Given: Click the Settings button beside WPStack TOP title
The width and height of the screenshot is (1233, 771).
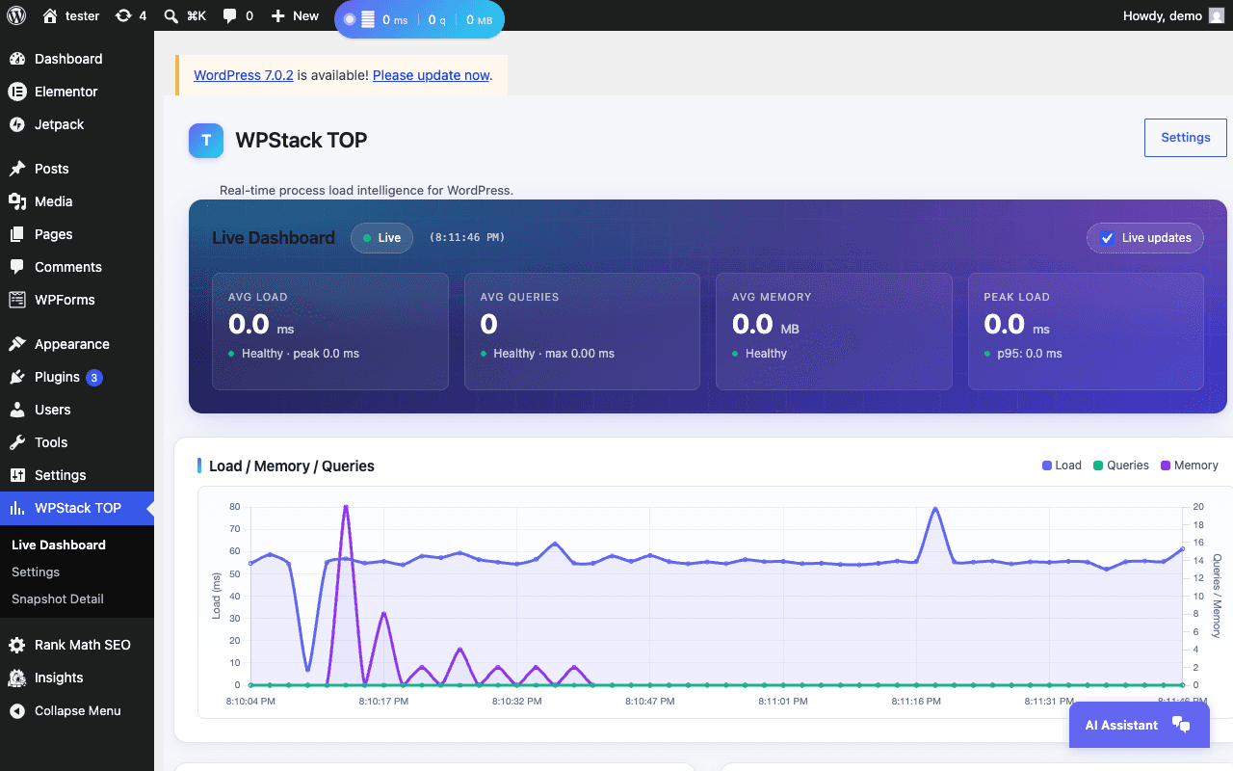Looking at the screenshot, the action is [x=1185, y=138].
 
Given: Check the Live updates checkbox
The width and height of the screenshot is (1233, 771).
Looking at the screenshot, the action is [x=1107, y=238].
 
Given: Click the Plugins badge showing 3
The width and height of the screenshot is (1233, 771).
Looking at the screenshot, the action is [x=94, y=378].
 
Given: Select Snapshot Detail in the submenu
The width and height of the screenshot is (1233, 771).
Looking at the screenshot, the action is [x=57, y=598].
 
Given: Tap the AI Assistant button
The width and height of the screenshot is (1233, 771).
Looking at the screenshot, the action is [x=1139, y=725].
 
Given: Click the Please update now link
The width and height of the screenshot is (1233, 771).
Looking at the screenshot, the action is [x=431, y=75].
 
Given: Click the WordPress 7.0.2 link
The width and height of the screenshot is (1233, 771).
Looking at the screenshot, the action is [x=244, y=75].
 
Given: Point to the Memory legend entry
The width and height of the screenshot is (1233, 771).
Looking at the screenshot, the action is [x=1189, y=465].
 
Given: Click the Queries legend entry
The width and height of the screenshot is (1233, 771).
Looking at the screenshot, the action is [x=1120, y=465].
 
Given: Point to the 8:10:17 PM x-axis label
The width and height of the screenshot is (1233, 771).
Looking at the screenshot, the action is [x=383, y=701].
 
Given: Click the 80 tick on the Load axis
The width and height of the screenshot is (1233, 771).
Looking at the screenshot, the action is [x=235, y=507].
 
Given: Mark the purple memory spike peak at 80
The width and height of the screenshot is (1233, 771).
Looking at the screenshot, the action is [x=346, y=507].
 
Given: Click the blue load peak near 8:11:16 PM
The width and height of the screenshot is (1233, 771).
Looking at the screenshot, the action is [x=935, y=508].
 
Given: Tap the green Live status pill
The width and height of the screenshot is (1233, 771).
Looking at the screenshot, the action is [x=381, y=238].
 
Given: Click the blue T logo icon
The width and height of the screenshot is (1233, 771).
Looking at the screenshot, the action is [x=206, y=141].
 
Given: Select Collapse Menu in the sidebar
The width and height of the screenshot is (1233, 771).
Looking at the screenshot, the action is [x=66, y=710].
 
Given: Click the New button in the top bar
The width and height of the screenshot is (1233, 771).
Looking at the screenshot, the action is [x=295, y=16].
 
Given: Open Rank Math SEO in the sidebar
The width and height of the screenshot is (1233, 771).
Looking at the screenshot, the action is [x=70, y=645].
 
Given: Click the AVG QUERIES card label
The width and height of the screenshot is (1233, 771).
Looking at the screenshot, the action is [x=519, y=297].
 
